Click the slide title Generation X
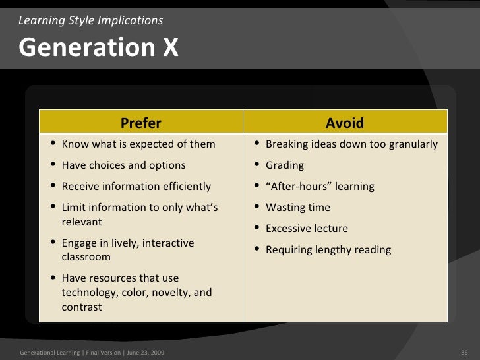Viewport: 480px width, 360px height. [98, 47]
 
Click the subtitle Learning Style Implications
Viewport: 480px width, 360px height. [91, 20]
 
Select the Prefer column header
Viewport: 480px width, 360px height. [140, 123]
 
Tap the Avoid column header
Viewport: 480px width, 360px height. [344, 123]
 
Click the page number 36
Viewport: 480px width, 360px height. [464, 353]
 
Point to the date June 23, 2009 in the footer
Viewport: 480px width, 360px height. [147, 353]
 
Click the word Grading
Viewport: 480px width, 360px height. [285, 165]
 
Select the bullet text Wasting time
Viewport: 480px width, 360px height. [297, 208]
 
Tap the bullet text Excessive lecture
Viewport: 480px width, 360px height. [307, 229]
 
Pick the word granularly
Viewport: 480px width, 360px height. [411, 144]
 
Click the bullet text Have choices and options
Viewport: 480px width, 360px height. [123, 165]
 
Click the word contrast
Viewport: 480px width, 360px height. [82, 307]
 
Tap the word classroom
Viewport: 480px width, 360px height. [86, 257]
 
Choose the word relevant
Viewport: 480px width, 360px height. [82, 222]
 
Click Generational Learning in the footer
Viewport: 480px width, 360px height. [50, 353]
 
